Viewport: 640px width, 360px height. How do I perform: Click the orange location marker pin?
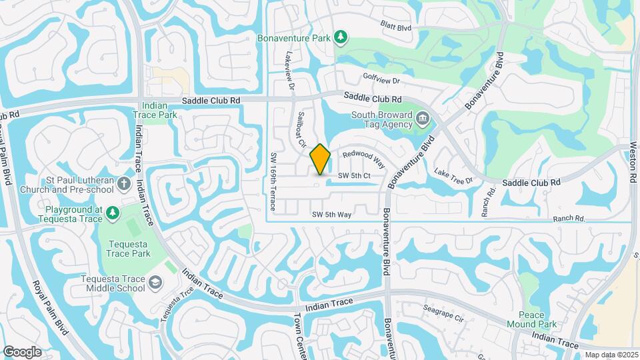pyautogui.click(x=321, y=159)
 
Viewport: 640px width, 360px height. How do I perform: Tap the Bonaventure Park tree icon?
pyautogui.click(x=341, y=37)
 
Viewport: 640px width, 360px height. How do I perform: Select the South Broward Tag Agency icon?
pyautogui.click(x=423, y=119)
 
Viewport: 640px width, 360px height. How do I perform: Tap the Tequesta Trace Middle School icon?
pyautogui.click(x=155, y=283)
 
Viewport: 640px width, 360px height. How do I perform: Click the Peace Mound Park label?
pyautogui.click(x=542, y=320)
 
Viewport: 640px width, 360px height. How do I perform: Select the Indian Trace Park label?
pyautogui.click(x=159, y=110)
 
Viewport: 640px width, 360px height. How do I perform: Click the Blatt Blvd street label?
pyautogui.click(x=396, y=27)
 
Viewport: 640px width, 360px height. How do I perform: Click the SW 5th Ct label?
pyautogui.click(x=353, y=175)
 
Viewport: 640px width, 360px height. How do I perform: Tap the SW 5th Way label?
pyautogui.click(x=331, y=214)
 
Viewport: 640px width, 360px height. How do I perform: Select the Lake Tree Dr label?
pyautogui.click(x=453, y=176)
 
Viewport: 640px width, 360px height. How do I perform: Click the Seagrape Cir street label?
pyautogui.click(x=443, y=313)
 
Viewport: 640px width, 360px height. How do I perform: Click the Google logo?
pyautogui.click(x=22, y=352)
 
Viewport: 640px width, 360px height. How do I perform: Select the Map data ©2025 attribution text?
pyautogui.click(x=612, y=355)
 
